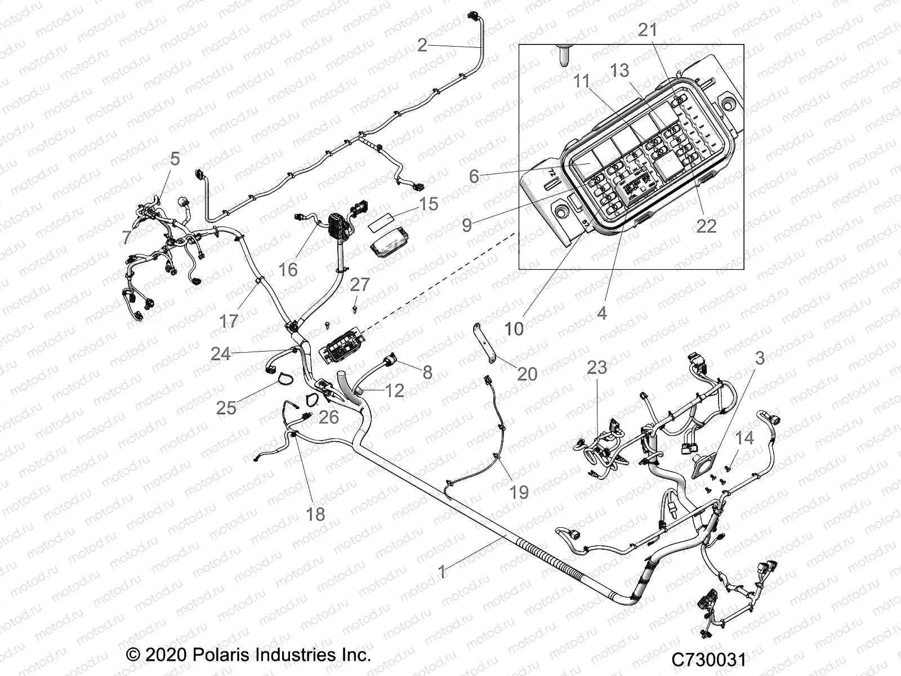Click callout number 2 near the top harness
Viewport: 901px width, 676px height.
422,45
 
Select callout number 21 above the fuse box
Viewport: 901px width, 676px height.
647,30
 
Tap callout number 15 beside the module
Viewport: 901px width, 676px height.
429,204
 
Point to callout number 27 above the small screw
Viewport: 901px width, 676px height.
360,284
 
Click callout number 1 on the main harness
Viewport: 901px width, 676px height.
442,572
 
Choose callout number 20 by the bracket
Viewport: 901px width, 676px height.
527,373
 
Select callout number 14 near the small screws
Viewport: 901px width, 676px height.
744,438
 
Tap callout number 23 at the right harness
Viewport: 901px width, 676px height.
597,368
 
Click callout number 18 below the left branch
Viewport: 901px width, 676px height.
316,514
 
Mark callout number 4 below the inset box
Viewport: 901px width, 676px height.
602,313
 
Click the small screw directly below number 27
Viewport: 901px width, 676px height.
355,308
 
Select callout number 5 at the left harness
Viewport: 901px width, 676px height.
175,159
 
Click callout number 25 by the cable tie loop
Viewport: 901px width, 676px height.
226,407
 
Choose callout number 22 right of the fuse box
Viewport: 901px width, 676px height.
706,226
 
